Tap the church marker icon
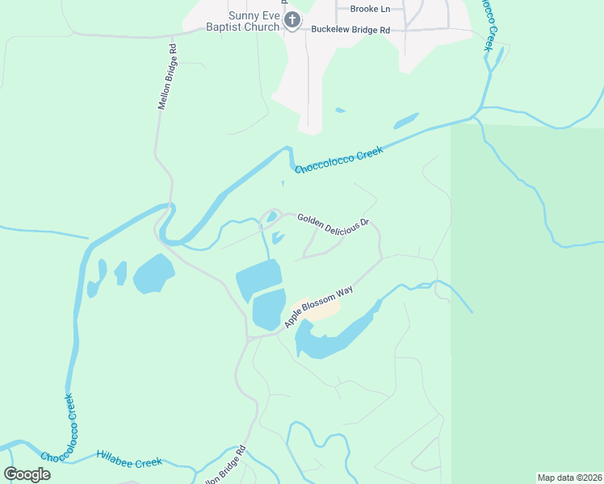pyautogui.click(x=293, y=20)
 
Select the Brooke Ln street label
pyautogui.click(x=370, y=9)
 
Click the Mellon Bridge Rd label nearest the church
pyautogui.click(x=166, y=76)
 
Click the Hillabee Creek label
pyautogui.click(x=129, y=458)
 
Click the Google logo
pyautogui.click(x=27, y=474)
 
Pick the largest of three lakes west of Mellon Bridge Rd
pyautogui.click(x=153, y=274)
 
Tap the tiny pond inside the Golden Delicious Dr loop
pyautogui.click(x=272, y=216)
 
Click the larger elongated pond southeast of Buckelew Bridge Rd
pyautogui.click(x=405, y=121)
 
